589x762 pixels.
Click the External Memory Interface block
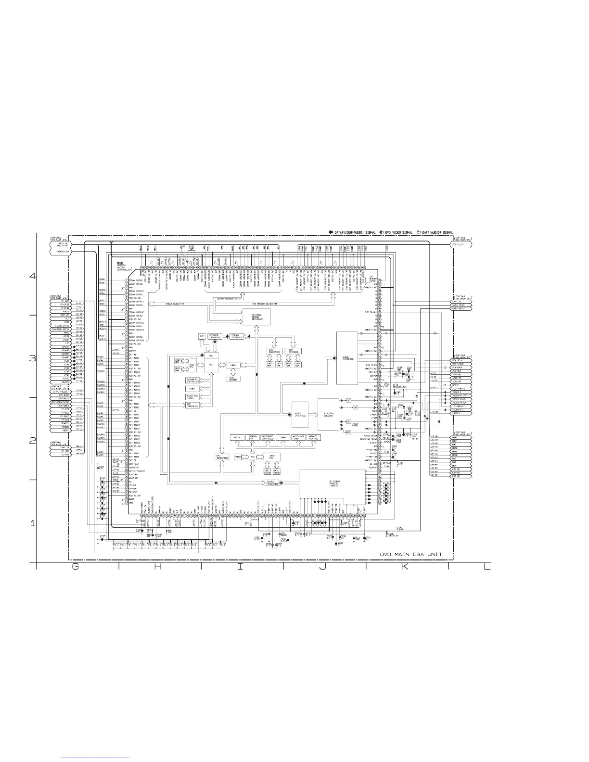coord(256,317)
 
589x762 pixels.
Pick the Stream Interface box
coord(235,336)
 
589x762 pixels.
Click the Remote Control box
coord(314,438)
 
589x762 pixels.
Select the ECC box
coord(202,336)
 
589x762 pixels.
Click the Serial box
coord(237,438)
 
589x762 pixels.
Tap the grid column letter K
coord(405,567)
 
